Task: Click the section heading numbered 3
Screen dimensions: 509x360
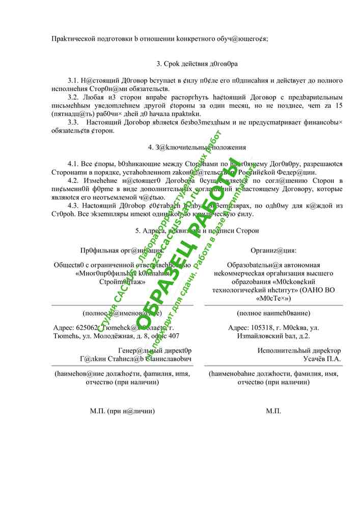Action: coord(197,64)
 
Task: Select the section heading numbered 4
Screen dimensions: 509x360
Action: coord(197,147)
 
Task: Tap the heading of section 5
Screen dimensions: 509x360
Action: coord(197,231)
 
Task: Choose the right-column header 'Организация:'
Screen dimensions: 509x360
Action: coord(273,250)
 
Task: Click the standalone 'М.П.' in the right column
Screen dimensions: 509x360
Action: coord(273,411)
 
